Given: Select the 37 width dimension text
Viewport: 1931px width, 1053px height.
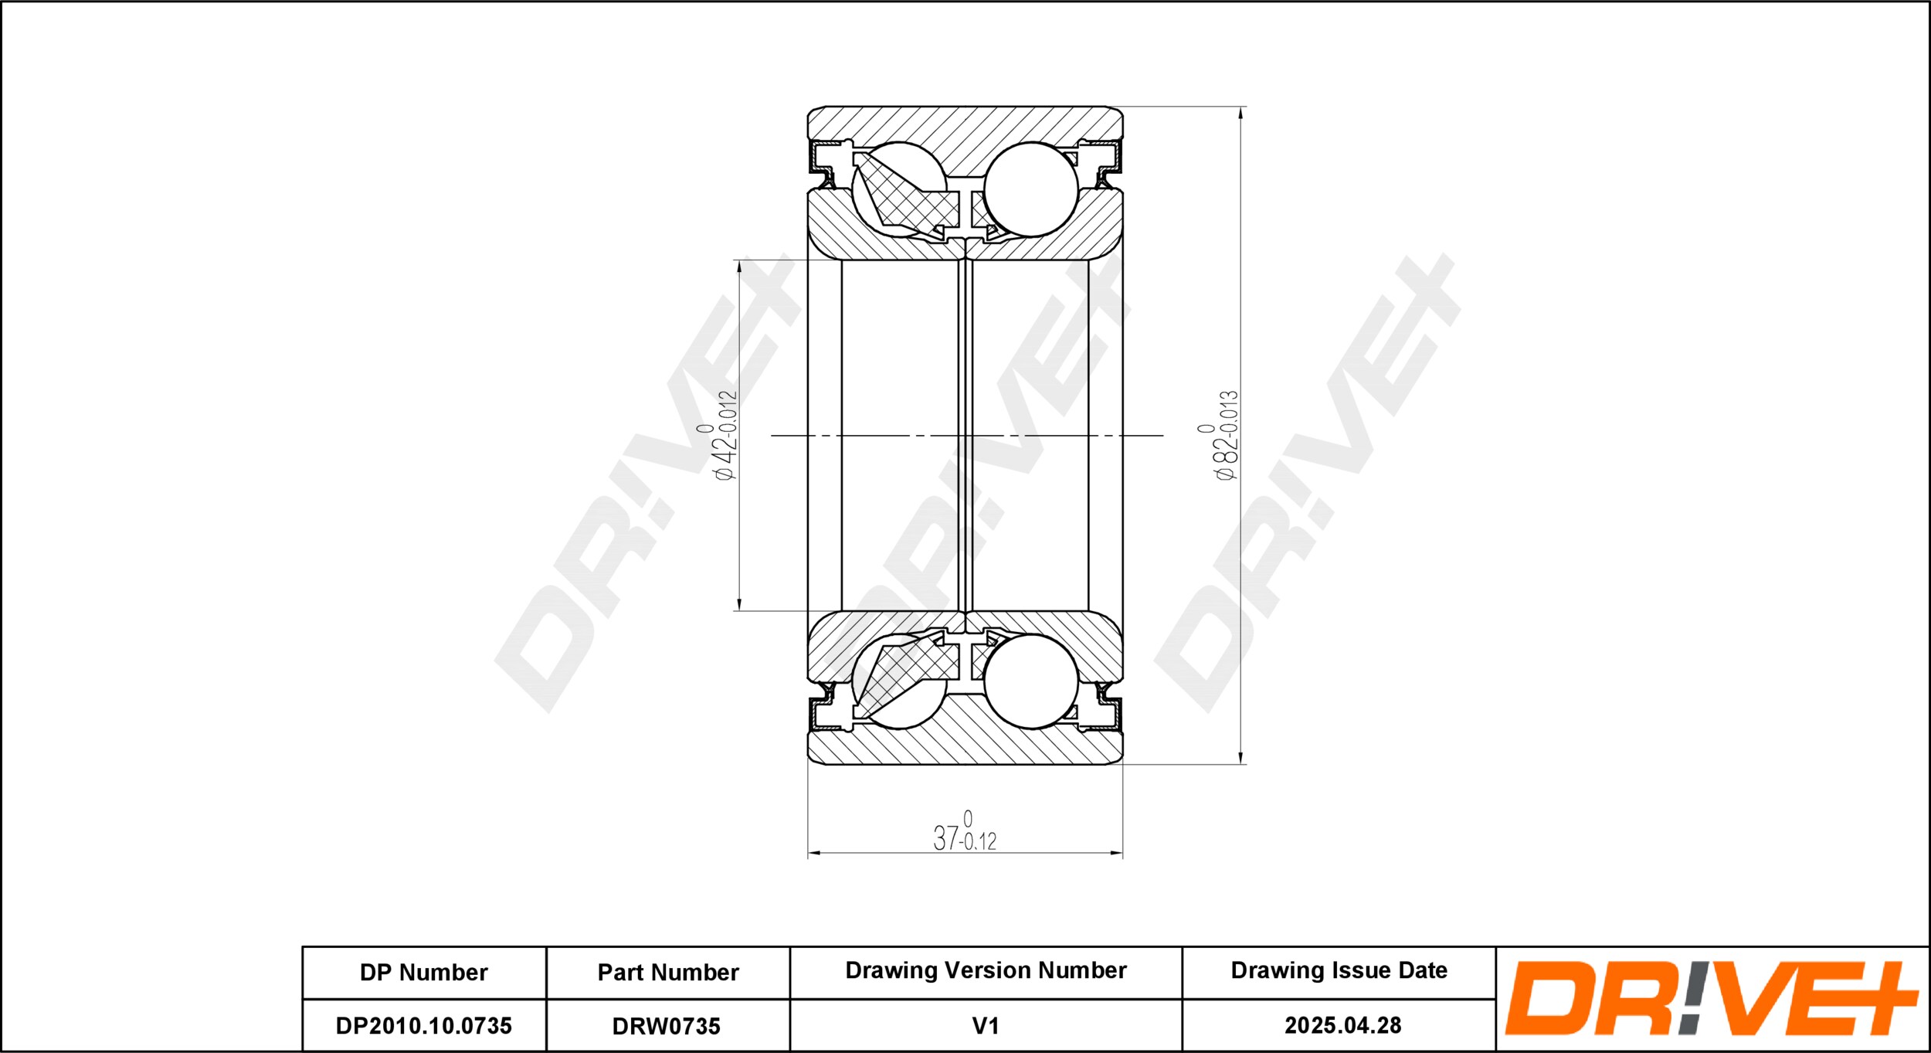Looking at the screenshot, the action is tap(965, 831).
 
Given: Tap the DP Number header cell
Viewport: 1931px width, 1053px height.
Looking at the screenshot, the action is tap(423, 973).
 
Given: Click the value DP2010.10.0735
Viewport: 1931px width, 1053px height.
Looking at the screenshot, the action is tap(423, 1026).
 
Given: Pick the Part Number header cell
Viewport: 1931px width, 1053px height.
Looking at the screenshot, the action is tap(668, 973).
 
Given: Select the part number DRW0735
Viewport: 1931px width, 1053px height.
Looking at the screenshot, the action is tap(666, 1026).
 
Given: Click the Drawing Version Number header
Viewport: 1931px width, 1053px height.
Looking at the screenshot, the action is tap(986, 970).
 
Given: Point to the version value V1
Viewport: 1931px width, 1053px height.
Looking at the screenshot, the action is tap(986, 1026).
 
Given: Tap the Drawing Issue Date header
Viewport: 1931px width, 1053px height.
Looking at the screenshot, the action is tap(1339, 970).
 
